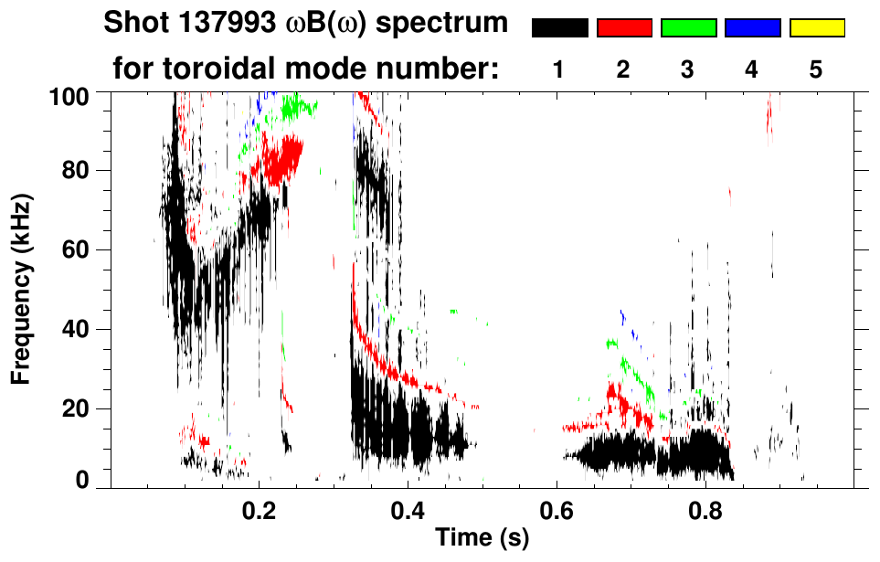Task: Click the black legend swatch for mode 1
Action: click(x=559, y=28)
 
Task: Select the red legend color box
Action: click(x=624, y=28)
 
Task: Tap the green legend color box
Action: click(x=688, y=28)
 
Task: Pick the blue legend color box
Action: click(x=752, y=28)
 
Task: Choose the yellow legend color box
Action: click(x=817, y=28)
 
